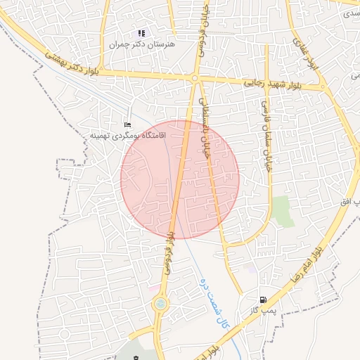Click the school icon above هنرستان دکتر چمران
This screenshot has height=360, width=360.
[x=141, y=33]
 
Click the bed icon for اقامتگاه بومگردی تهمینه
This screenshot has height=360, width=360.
[x=127, y=124]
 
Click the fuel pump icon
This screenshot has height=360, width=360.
[x=263, y=300]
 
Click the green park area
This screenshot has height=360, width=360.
[x=283, y=212]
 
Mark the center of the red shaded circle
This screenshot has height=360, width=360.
[x=180, y=179]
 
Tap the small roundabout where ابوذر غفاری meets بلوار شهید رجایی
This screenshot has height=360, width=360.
[x=323, y=88]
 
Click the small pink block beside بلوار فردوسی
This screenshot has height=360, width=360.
[x=153, y=288]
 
